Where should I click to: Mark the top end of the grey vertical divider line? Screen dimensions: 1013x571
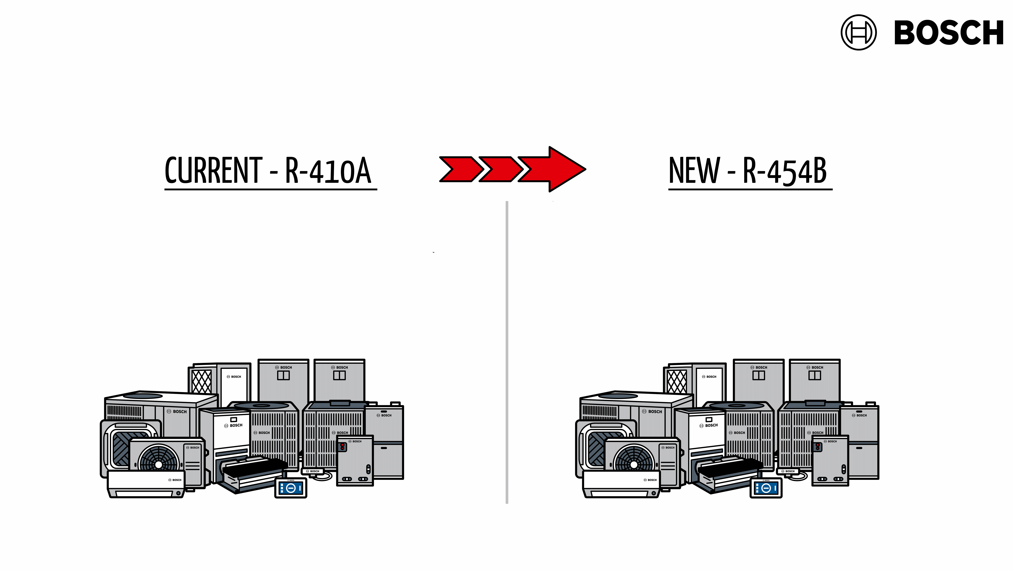(507, 202)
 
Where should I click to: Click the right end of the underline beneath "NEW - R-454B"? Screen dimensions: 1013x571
(833, 189)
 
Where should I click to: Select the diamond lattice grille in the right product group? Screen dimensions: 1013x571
(677, 381)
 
